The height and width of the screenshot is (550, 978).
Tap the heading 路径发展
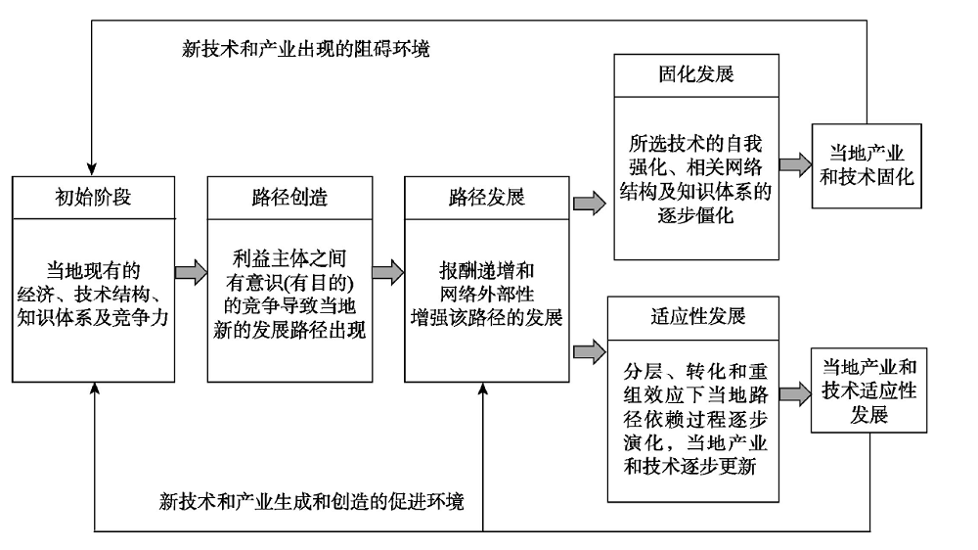pos(485,198)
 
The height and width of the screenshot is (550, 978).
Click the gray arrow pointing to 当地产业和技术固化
pos(794,162)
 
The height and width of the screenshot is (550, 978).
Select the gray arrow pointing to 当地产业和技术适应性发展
pos(794,393)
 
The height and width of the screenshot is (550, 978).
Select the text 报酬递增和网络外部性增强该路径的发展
pos(485,293)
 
